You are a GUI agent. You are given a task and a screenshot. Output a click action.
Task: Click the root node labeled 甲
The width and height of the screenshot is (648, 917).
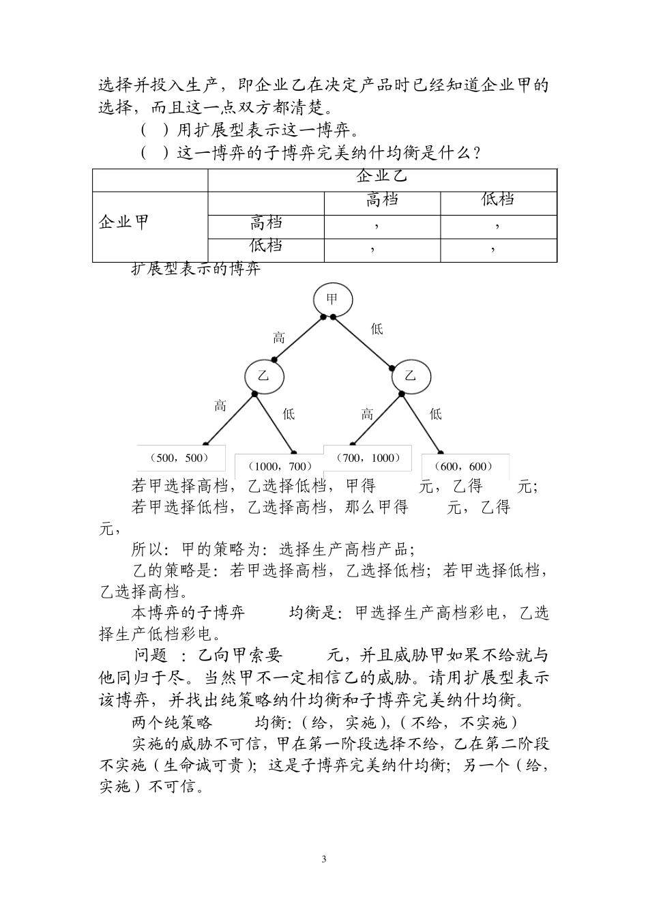coord(333,299)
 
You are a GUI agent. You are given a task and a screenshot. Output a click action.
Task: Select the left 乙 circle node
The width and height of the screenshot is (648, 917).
coord(264,376)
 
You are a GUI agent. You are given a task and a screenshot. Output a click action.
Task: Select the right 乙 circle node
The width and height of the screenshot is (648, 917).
coord(410,375)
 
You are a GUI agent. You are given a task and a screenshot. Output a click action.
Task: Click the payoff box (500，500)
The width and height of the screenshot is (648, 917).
coord(173,458)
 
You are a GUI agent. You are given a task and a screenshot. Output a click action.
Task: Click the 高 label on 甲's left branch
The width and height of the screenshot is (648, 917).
coord(279,337)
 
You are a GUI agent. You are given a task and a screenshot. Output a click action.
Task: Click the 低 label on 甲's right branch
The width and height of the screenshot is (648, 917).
coord(377,330)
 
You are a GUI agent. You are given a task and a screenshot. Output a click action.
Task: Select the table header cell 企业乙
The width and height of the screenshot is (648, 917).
coord(382,177)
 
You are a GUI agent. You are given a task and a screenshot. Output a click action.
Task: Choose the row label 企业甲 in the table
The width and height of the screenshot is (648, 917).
coord(124,222)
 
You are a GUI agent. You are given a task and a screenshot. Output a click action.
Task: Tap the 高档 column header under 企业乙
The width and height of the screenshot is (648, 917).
coord(382,200)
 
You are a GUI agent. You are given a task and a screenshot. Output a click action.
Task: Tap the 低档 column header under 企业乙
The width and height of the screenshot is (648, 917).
coord(498,200)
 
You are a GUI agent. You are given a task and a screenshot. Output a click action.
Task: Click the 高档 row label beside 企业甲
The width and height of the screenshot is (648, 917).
coord(266,222)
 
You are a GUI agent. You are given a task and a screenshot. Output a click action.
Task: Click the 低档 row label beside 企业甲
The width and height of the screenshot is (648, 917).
coord(266,246)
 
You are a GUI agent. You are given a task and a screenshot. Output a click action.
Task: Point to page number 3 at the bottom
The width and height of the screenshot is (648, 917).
coord(324,858)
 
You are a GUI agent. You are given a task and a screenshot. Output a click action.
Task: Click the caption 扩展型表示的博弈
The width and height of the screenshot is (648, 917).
coord(196,269)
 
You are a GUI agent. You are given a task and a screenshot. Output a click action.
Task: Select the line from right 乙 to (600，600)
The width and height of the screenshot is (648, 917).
coord(421,422)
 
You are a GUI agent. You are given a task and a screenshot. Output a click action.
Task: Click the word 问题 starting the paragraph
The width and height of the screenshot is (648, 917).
coord(151,656)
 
